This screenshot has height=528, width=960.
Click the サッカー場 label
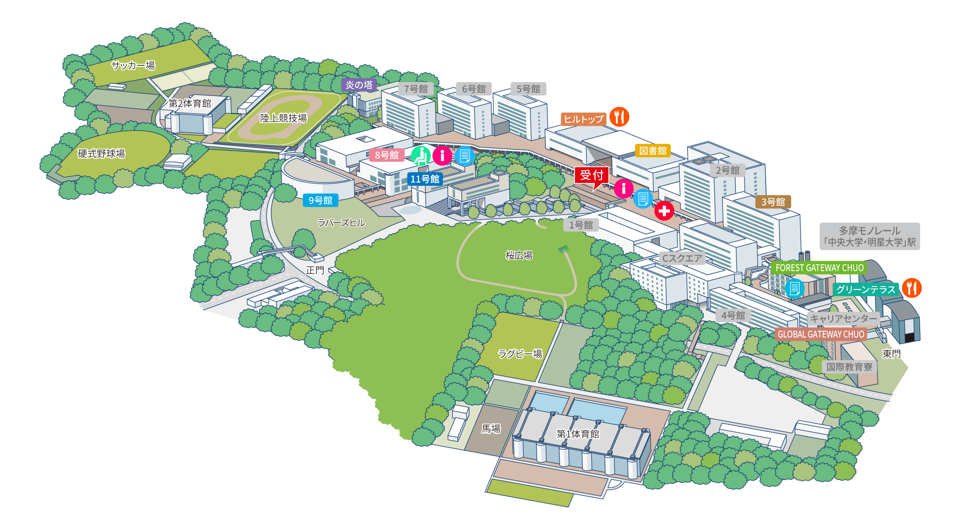[x=133, y=65]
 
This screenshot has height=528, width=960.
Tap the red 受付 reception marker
[x=591, y=176]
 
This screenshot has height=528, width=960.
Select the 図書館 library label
[x=653, y=151]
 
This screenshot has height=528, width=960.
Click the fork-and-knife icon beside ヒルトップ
[x=619, y=117]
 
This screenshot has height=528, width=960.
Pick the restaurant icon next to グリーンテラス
[x=912, y=288]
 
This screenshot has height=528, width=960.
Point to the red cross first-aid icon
[x=664, y=210]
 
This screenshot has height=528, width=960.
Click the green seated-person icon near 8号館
[x=421, y=156]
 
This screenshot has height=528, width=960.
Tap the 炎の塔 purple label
[x=359, y=85]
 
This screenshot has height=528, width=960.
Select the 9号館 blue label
[x=321, y=200]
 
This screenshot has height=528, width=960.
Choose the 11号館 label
[x=425, y=179]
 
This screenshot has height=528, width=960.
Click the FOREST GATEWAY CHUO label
[x=819, y=268]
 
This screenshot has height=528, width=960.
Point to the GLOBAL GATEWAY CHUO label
[x=821, y=334]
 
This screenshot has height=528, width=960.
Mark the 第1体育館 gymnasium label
[x=578, y=434]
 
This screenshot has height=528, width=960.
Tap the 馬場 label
[x=491, y=428]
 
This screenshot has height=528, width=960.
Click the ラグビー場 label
[x=520, y=354]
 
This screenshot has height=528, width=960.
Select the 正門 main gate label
[x=315, y=270]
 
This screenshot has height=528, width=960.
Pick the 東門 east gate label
[x=891, y=354]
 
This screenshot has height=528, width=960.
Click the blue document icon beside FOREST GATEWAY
[x=794, y=288]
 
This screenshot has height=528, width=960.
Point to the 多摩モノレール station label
[x=870, y=236]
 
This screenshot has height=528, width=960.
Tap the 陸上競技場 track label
[x=283, y=118]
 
